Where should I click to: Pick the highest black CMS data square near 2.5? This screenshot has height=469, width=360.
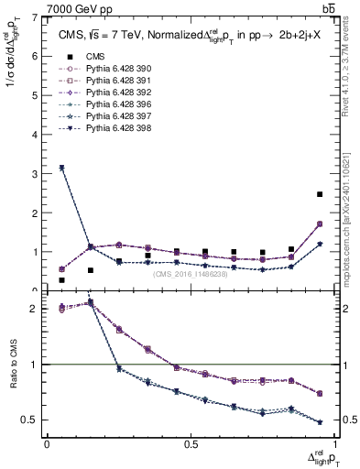pyautogui.click(x=320, y=194)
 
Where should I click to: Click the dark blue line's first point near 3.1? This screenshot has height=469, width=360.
pyautogui.click(x=61, y=169)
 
